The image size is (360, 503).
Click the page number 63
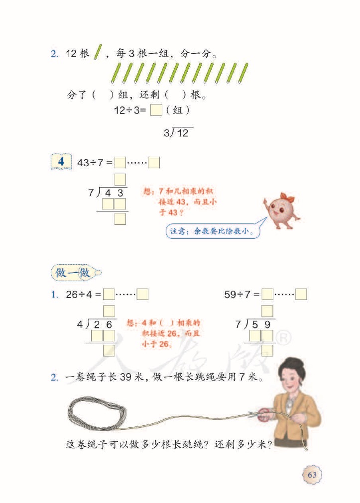click(312, 475)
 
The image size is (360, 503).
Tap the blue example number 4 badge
click(61, 161)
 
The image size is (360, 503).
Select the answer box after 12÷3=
click(156, 110)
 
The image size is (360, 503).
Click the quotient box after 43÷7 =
click(120, 162)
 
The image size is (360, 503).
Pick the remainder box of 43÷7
click(154, 162)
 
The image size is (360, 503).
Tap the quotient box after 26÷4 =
click(109, 294)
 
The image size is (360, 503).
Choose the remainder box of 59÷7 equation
click(301, 294)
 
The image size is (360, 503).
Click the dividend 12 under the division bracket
click(183, 133)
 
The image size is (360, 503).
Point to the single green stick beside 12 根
click(98, 52)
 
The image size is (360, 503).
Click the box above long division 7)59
click(267, 311)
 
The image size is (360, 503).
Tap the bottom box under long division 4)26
click(109, 350)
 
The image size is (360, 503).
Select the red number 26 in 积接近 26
click(172, 334)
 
